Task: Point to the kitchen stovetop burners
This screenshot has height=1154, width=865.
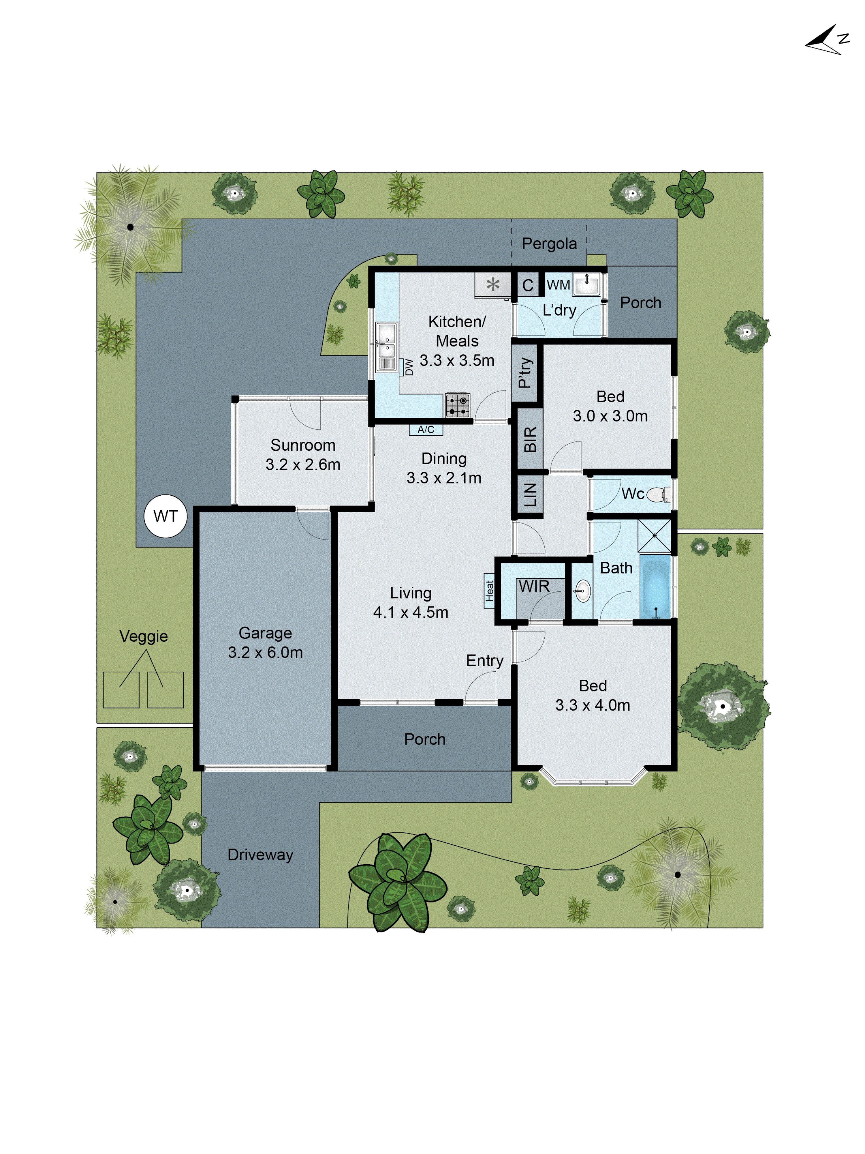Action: point(457,405)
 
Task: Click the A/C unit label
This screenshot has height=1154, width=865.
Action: point(426,429)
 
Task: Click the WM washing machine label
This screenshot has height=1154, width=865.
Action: point(558,285)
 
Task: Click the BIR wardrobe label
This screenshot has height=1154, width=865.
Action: point(530,439)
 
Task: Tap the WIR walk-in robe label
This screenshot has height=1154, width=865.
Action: point(534,587)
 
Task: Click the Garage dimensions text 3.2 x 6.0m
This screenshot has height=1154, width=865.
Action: point(265,652)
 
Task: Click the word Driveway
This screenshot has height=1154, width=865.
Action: point(260,855)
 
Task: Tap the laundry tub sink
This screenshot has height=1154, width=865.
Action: point(586,284)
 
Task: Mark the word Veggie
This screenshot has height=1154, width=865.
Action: point(143,636)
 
